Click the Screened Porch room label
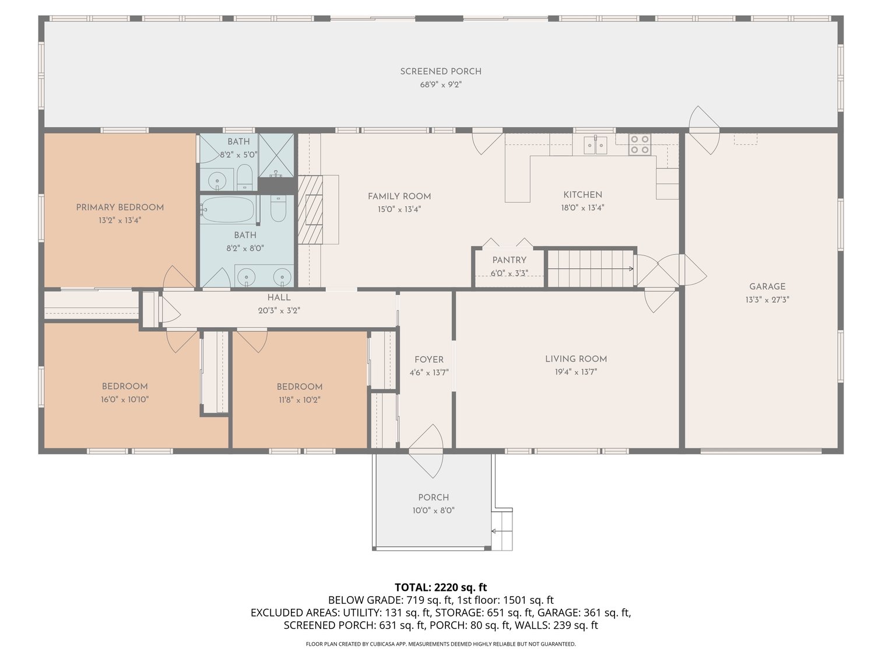pyautogui.click(x=441, y=72)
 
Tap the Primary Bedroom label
pyautogui.click(x=120, y=207)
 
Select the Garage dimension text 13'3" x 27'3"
pyautogui.click(x=767, y=300)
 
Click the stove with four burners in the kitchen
pyautogui.click(x=639, y=144)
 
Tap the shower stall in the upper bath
pyautogui.click(x=276, y=155)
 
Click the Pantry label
pyautogui.click(x=509, y=260)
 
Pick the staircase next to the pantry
pyautogui.click(x=591, y=269)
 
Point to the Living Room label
pyautogui.click(x=576, y=359)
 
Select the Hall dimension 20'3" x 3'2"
pyautogui.click(x=279, y=311)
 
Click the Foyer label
pyautogui.click(x=428, y=360)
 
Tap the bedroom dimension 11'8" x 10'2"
pyautogui.click(x=300, y=400)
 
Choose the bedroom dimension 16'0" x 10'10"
pyautogui.click(x=125, y=400)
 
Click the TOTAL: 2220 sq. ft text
pyautogui.click(x=441, y=587)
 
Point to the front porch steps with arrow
pyautogui.click(x=501, y=530)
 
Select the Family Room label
pyautogui.click(x=399, y=197)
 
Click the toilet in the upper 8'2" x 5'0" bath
pyautogui.click(x=244, y=177)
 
